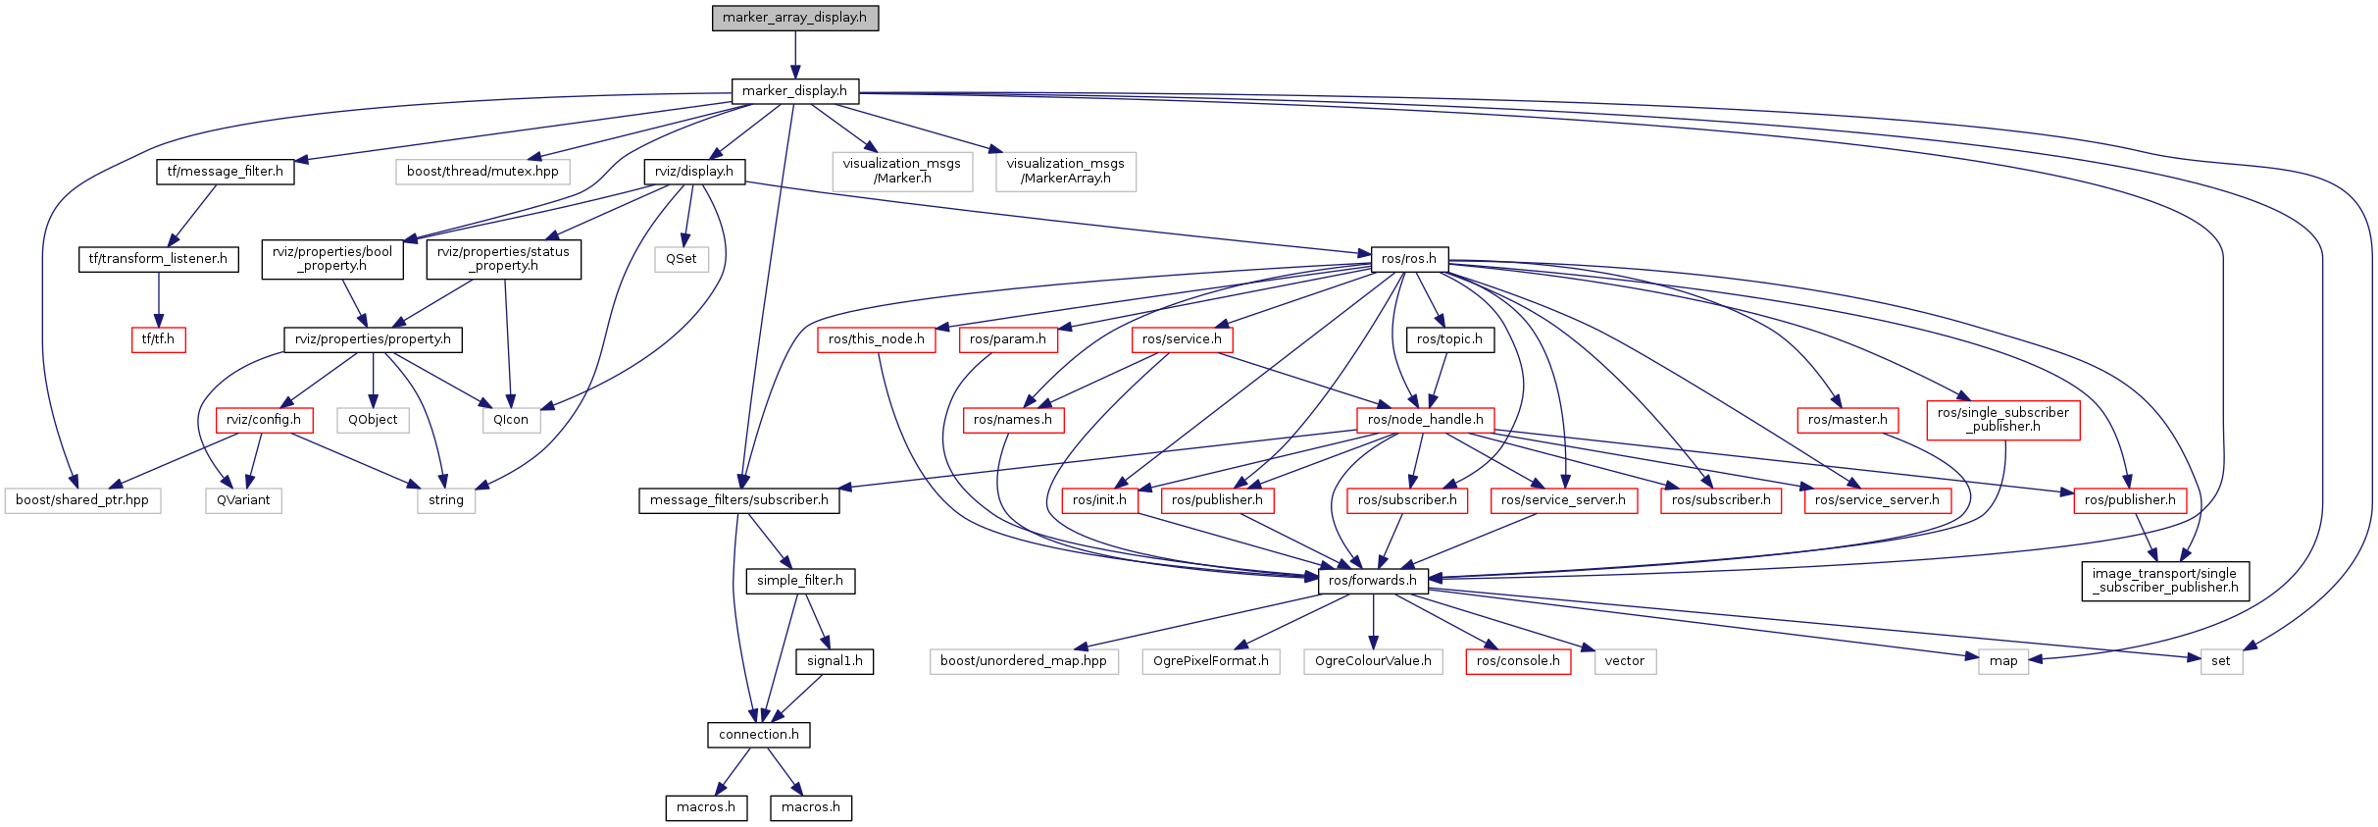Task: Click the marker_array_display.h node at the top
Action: pyautogui.click(x=794, y=18)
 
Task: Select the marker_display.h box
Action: pyautogui.click(x=794, y=91)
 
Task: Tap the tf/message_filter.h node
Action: pyautogui.click(x=225, y=172)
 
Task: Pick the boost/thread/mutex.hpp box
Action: pyautogui.click(x=482, y=172)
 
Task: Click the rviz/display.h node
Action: pyautogui.click(x=694, y=172)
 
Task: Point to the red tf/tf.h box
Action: pyautogui.click(x=158, y=339)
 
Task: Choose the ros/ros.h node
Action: pyautogui.click(x=1408, y=259)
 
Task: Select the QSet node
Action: pyautogui.click(x=682, y=259)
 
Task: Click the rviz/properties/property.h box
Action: pyautogui.click(x=373, y=339)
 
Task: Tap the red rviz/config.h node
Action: pyautogui.click(x=264, y=420)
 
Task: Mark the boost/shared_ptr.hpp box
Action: pyautogui.click(x=82, y=500)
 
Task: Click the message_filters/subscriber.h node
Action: pyautogui.click(x=738, y=500)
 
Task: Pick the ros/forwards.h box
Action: pyautogui.click(x=1372, y=581)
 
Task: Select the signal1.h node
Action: pyautogui.click(x=835, y=661)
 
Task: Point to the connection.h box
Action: pyautogui.click(x=758, y=735)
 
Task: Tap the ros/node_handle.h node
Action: pyautogui.click(x=1425, y=420)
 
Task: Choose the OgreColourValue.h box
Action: pyautogui.click(x=1373, y=661)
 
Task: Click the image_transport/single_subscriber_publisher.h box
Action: pyautogui.click(x=2164, y=581)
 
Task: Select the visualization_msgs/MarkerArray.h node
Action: pyautogui.click(x=1065, y=172)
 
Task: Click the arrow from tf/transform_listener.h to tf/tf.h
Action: pyautogui.click(x=158, y=299)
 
